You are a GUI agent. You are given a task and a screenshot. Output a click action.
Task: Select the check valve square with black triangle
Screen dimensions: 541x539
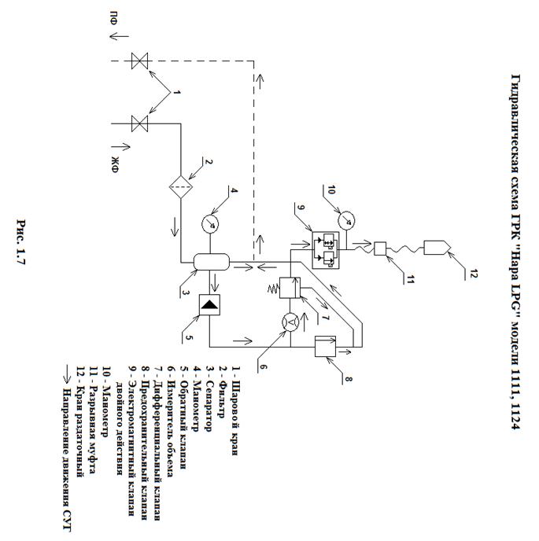click(210, 304)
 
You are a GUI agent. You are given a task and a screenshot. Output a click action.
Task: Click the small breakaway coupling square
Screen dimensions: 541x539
click(378, 249)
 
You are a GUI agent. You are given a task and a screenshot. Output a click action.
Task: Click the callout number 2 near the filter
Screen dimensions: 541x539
click(207, 164)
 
